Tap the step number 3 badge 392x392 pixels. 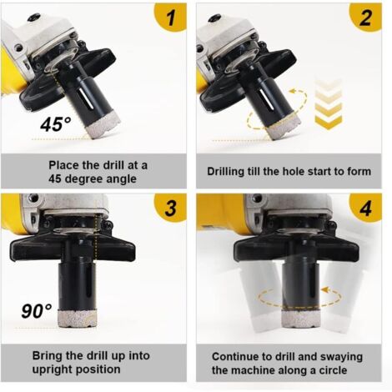(172, 209)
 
